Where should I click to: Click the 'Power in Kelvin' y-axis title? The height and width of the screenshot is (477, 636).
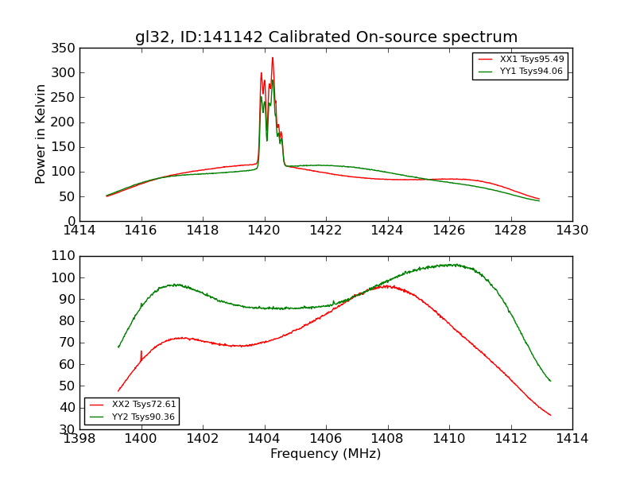coord(41,134)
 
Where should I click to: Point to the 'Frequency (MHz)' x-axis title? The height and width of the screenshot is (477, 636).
coord(326,454)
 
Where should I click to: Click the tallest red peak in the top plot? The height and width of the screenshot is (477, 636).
coord(272,57)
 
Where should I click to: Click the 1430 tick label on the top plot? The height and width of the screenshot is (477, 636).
coord(572,231)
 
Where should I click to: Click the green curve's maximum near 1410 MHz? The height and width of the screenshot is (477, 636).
coord(450,264)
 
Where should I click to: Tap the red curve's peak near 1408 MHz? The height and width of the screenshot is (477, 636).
coord(385,285)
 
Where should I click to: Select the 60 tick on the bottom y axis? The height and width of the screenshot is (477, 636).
coord(68,364)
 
